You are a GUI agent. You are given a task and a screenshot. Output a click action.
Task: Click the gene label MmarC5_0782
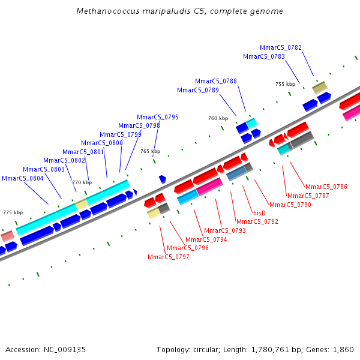tap(281, 47)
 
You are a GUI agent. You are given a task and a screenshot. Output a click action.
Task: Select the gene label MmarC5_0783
tap(264, 56)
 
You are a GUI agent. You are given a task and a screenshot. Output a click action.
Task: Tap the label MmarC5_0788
tap(216, 81)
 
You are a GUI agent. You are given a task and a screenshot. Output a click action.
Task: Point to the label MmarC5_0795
tap(158, 117)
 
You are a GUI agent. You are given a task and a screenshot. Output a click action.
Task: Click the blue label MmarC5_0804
tap(23, 178)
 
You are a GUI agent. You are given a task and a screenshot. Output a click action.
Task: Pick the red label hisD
tap(259, 213)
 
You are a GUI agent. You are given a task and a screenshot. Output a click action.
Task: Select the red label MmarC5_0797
tap(169, 257)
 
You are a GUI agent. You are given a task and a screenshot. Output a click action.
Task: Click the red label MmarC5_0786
tap(326, 187)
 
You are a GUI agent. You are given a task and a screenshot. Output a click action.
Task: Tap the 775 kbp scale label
tap(13, 212)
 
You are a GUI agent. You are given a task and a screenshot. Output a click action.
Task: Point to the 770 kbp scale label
tap(82, 182)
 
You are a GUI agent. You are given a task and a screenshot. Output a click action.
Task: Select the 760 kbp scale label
tap(218, 118)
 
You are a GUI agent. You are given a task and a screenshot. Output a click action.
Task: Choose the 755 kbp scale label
tap(285, 84)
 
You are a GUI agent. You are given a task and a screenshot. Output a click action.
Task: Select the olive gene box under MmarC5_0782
tap(320, 88)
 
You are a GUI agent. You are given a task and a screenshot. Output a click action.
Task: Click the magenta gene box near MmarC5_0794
tap(209, 186)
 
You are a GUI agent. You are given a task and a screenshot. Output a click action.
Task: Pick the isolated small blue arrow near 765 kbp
tap(162, 179)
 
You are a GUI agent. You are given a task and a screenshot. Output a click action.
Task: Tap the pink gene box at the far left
tap(7, 236)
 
